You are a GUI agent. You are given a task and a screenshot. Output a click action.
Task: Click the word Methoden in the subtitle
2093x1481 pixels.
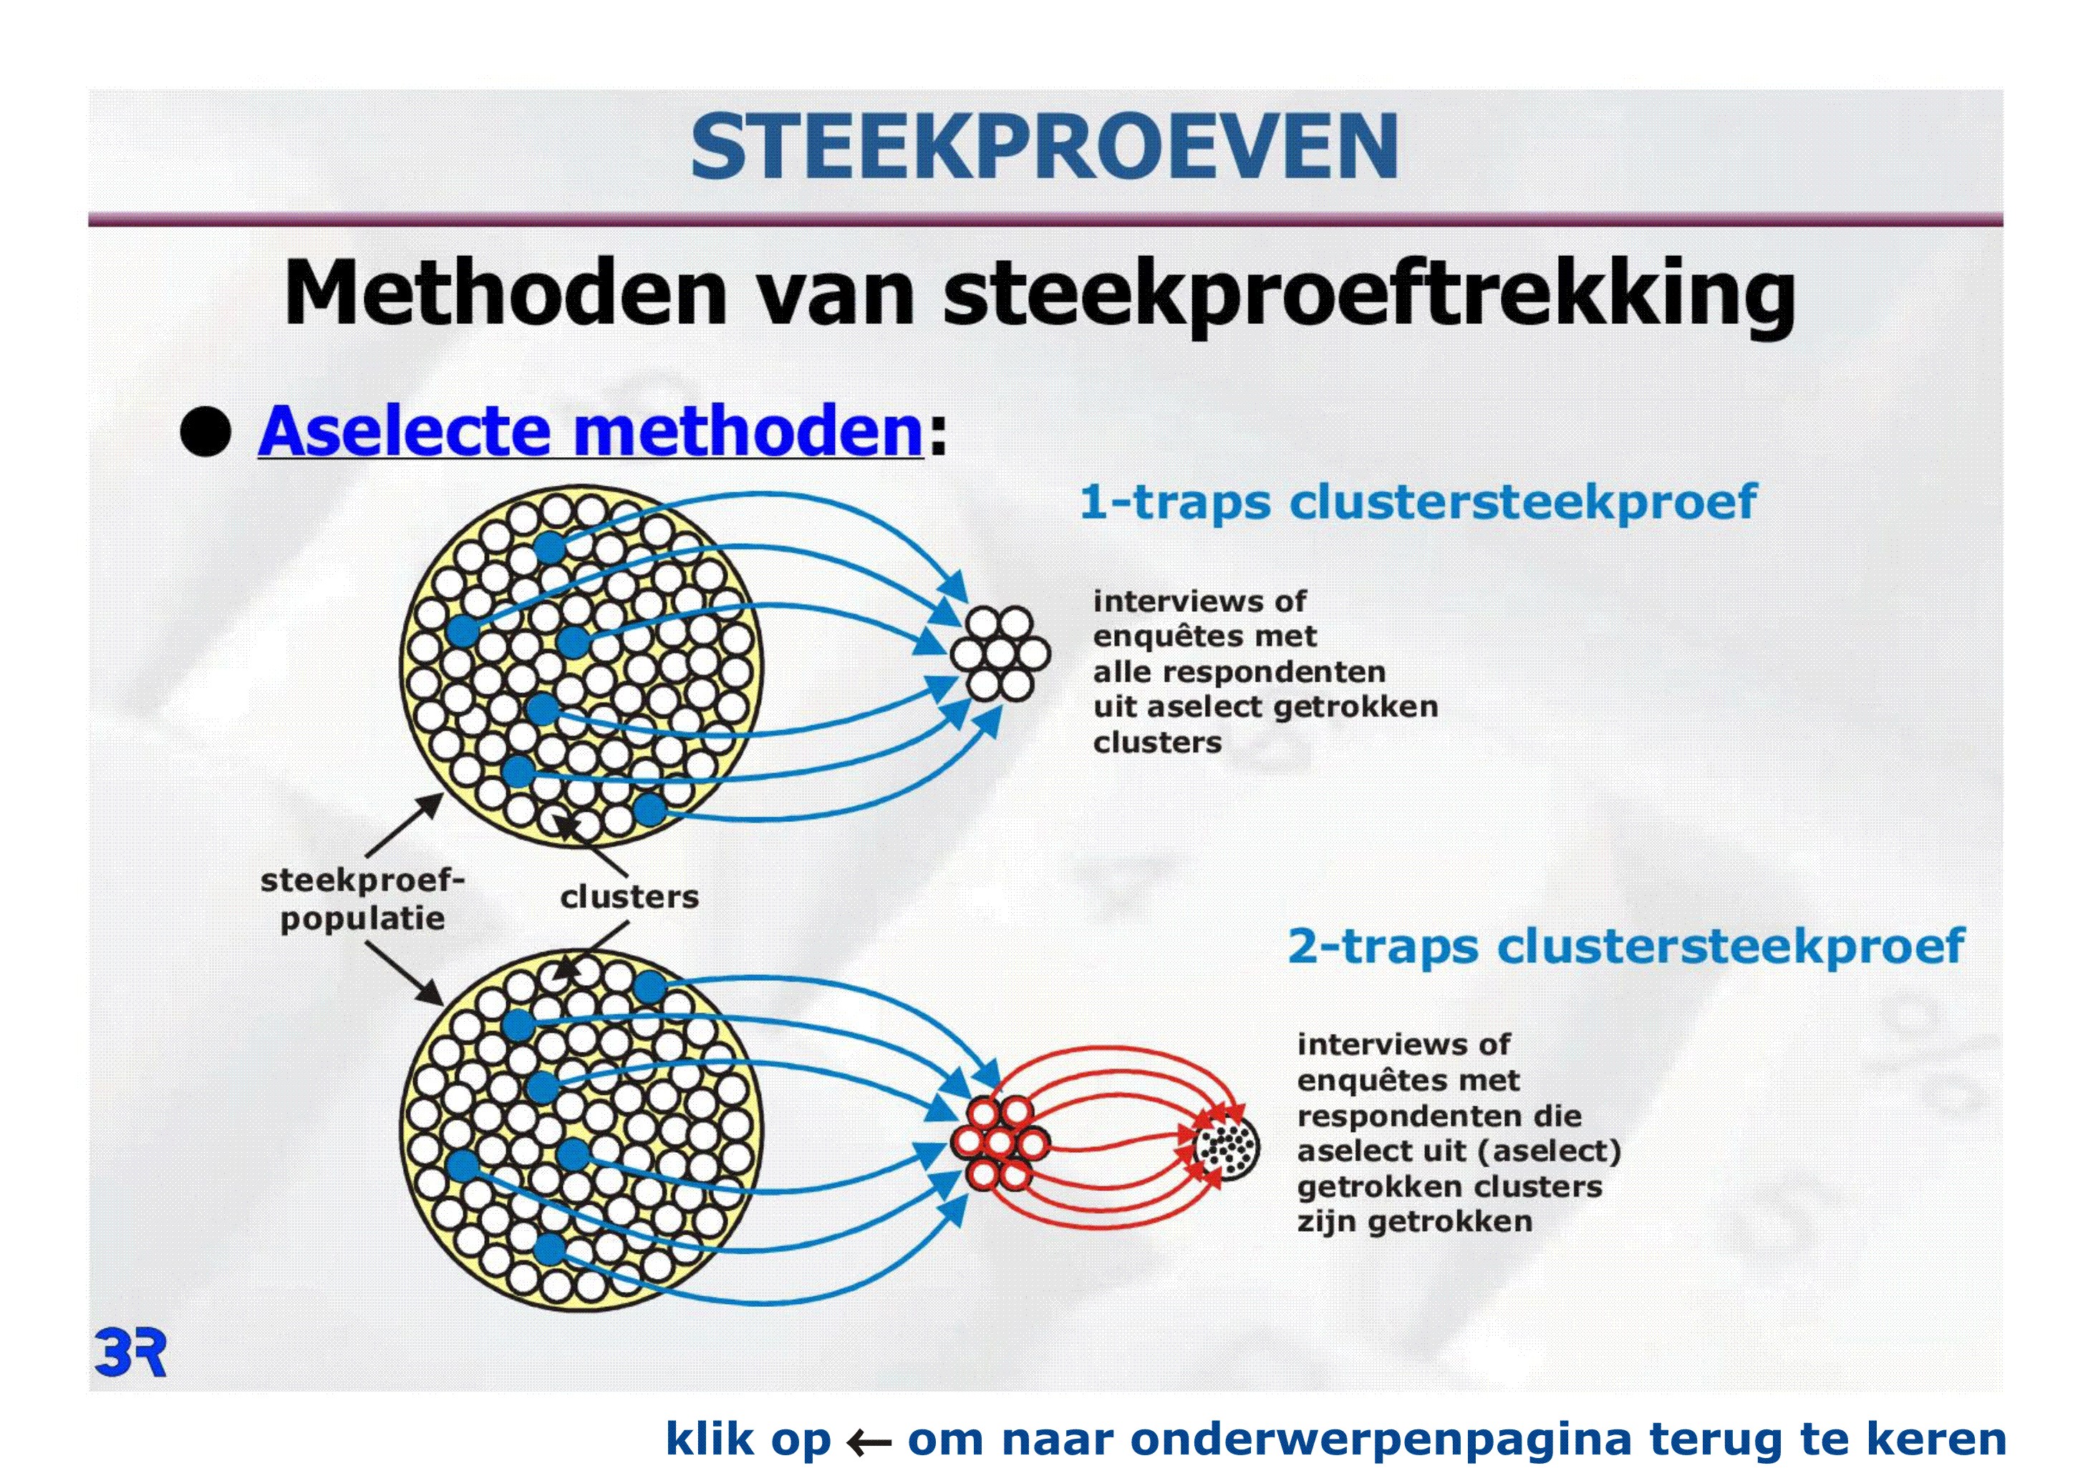(x=506, y=294)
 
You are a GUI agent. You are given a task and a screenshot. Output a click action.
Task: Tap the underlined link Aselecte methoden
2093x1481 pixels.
(x=591, y=431)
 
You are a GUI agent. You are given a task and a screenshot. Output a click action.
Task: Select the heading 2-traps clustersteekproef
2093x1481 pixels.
(x=1625, y=946)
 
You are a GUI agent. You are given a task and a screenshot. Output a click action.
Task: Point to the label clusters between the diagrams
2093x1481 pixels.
(x=629, y=897)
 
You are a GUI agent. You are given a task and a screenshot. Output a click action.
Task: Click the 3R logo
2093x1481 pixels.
(x=130, y=1354)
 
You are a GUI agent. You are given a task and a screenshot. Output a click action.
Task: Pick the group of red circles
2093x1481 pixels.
(x=999, y=1144)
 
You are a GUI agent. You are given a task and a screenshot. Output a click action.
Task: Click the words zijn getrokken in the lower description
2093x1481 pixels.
(x=1415, y=1222)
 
